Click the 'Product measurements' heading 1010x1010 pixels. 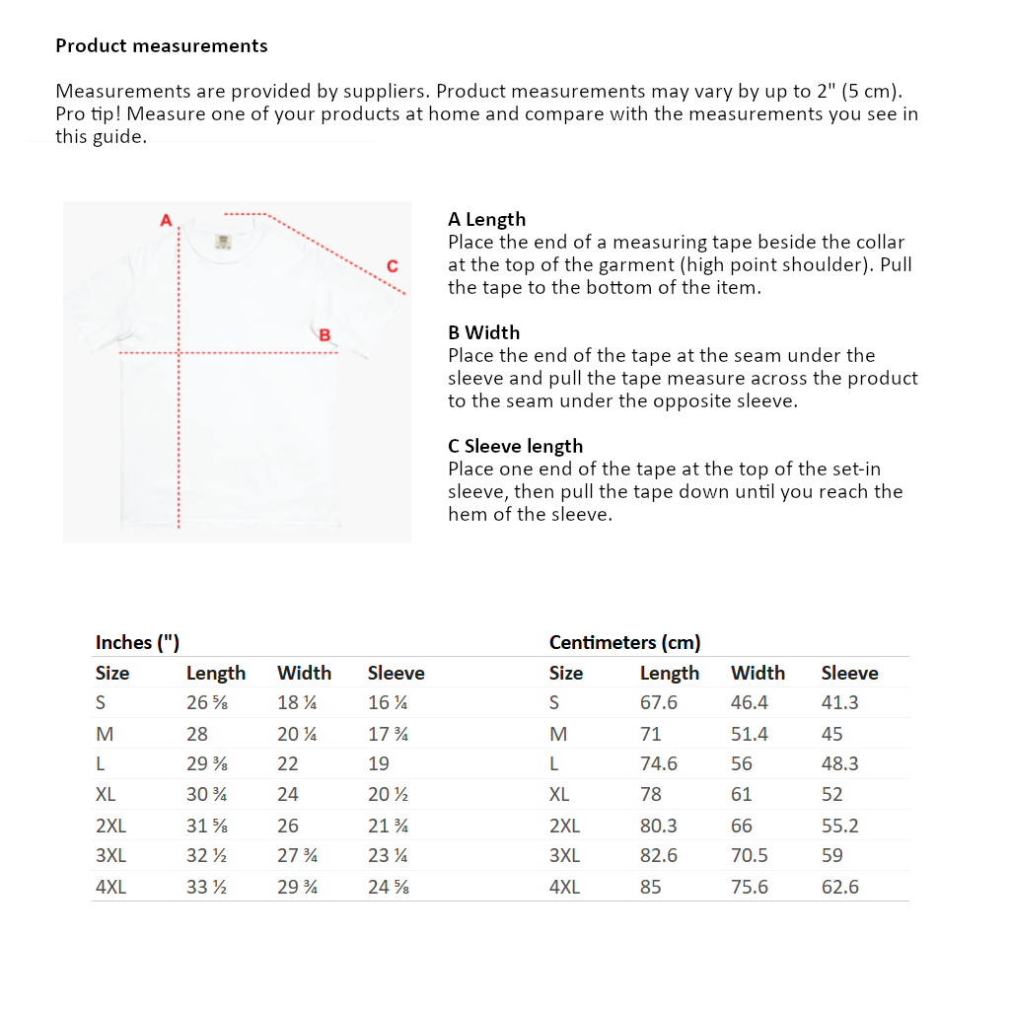click(161, 45)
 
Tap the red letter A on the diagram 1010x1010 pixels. click(166, 219)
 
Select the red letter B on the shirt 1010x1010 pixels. click(325, 334)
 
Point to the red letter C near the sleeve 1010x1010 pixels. click(393, 265)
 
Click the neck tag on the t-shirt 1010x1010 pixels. click(222, 241)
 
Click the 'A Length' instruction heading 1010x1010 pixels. click(486, 219)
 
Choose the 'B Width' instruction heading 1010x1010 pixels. click(483, 332)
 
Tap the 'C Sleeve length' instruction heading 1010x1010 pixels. click(515, 446)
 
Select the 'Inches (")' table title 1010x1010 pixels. click(137, 642)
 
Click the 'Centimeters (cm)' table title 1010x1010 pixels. click(624, 642)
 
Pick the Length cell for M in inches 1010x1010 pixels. click(197, 734)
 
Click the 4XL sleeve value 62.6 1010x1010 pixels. click(839, 887)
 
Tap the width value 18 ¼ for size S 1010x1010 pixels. click(297, 703)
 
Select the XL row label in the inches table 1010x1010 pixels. click(106, 794)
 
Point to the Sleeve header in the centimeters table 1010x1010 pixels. click(849, 673)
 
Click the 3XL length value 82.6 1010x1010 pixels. click(658, 855)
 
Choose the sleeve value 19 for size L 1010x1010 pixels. click(378, 763)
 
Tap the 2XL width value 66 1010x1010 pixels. click(741, 826)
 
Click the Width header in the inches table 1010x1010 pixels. click(304, 673)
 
